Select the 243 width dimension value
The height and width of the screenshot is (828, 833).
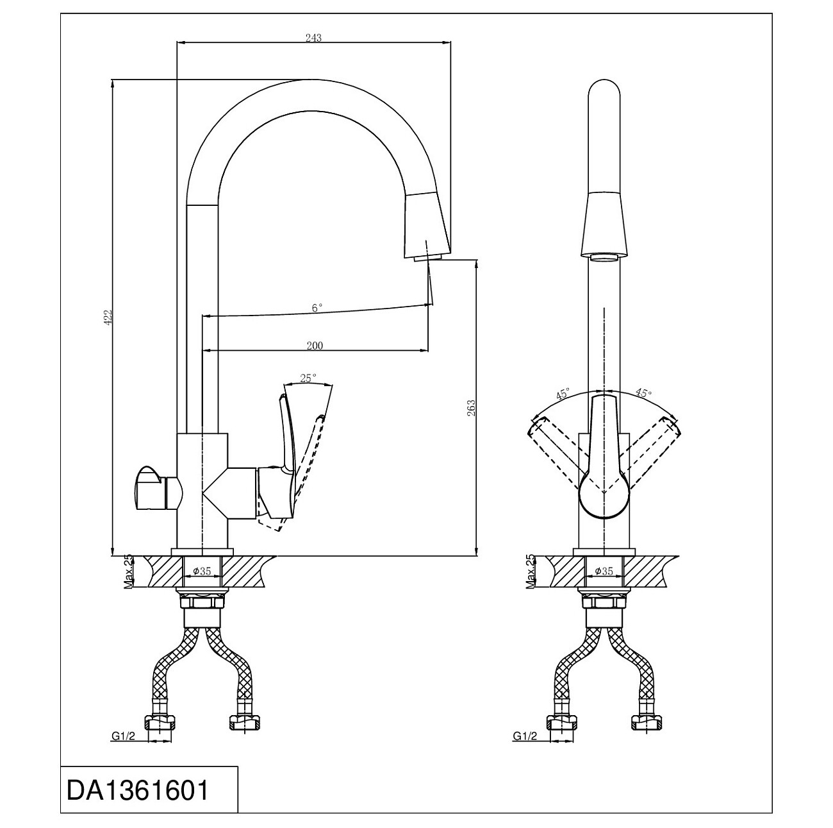(x=313, y=38)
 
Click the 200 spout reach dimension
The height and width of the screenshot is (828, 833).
(x=315, y=346)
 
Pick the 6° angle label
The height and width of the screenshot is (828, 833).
(x=317, y=308)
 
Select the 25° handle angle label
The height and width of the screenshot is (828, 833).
(x=308, y=378)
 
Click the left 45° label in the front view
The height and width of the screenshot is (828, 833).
(x=563, y=393)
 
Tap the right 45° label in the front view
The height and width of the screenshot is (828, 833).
(x=643, y=393)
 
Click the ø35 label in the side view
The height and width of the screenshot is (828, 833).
(x=202, y=571)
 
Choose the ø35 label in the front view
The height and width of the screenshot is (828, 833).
(x=604, y=571)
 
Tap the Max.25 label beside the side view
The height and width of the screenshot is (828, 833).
(x=128, y=571)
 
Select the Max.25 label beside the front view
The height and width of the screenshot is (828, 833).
(x=530, y=571)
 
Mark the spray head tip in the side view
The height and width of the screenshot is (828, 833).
(x=428, y=258)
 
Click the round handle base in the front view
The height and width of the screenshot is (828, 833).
(x=604, y=497)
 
